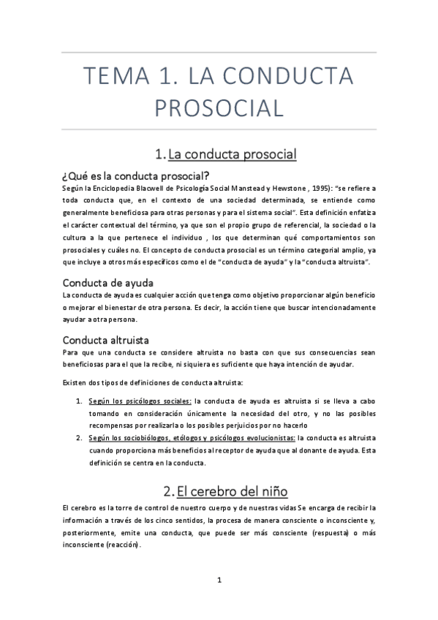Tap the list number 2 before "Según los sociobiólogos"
(79, 438)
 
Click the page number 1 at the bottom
(219, 580)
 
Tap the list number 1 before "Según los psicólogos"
(79, 401)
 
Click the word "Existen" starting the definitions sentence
(75, 382)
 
